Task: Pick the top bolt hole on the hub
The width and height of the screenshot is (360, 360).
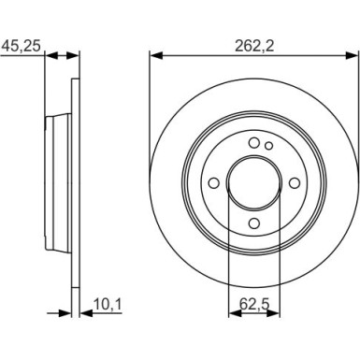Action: click(x=253, y=141)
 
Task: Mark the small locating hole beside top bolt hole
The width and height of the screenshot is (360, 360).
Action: click(x=268, y=146)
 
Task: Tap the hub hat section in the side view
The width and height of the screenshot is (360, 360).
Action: click(x=58, y=183)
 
